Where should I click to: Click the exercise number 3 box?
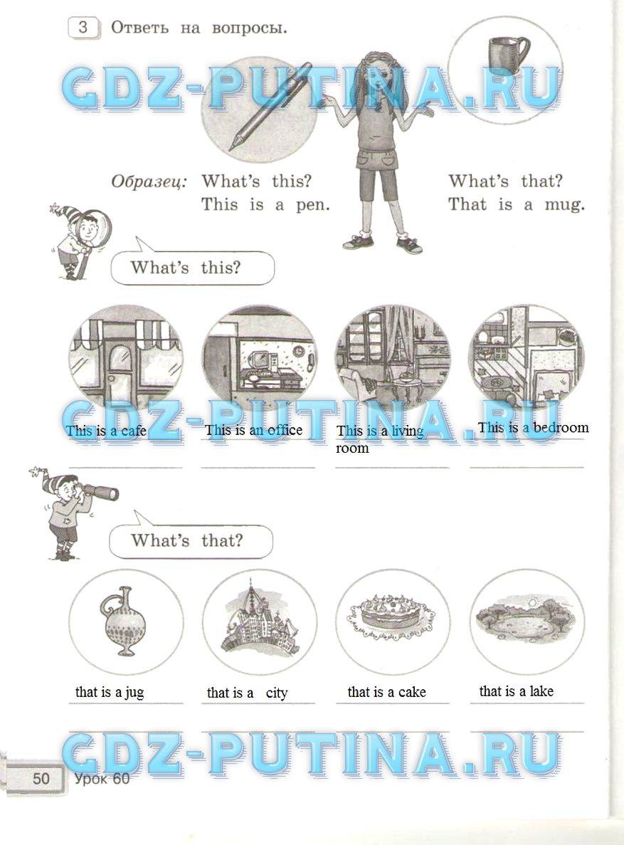point(83,28)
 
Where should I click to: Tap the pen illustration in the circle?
point(270,105)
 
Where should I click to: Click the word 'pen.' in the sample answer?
point(312,205)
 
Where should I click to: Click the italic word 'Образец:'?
point(149,182)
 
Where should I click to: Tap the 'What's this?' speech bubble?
point(192,266)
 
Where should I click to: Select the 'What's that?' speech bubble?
point(191,540)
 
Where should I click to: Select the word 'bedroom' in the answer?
point(561,427)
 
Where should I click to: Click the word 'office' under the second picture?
point(285,430)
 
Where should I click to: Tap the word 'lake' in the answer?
point(541,691)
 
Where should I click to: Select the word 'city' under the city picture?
point(277,693)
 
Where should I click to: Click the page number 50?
point(41,778)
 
